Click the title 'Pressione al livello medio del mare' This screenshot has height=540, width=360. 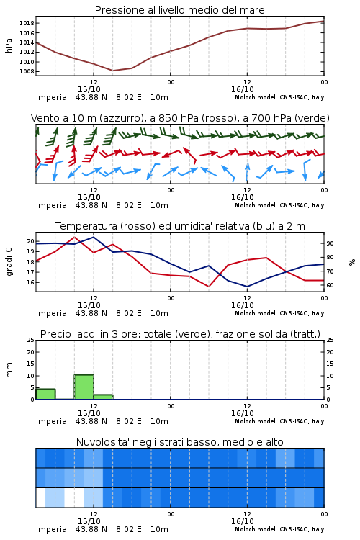click(179, 10)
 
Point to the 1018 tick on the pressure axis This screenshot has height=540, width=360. click(27, 24)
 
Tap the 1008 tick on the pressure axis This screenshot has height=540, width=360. click(27, 71)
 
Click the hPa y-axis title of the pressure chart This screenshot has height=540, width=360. click(9, 45)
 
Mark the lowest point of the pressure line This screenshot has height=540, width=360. click(112, 71)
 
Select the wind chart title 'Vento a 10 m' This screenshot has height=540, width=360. click(180, 118)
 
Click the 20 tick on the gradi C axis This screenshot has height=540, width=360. click(31, 241)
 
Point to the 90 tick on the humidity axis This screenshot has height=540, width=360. click(330, 243)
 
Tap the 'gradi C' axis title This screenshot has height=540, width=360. click(9, 262)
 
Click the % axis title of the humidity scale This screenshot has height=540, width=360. click(352, 262)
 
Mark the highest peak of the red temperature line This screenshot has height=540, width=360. click(74, 237)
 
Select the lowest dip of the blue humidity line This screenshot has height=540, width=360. click(247, 287)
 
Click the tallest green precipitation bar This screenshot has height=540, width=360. click(84, 387)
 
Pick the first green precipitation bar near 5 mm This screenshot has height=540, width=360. click(45, 394)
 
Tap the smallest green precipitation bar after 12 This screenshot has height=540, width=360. click(104, 397)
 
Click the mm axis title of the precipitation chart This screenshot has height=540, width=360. click(9, 370)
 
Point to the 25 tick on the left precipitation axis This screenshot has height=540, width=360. click(31, 340)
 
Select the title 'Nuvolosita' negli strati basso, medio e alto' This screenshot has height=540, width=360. click(179, 442)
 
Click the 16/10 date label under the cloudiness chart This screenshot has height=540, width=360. click(243, 521)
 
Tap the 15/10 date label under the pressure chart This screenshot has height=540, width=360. click(89, 89)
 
